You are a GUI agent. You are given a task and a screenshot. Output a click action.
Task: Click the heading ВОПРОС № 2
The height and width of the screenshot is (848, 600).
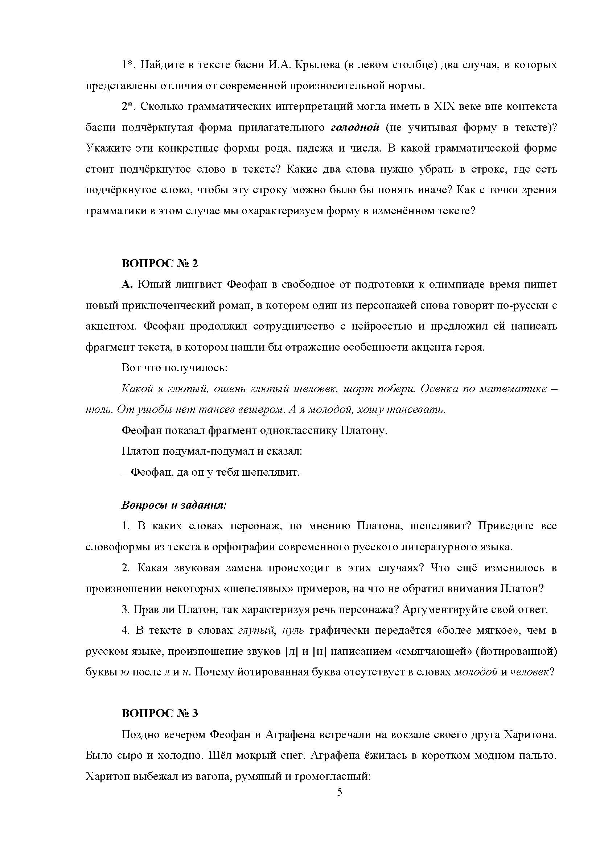[160, 264]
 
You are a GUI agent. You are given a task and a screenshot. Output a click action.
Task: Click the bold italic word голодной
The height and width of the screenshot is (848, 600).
[355, 128]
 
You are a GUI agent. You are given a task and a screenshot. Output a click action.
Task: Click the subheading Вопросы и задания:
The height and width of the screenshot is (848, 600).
[174, 505]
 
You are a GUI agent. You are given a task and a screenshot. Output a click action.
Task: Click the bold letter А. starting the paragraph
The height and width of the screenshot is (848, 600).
[127, 285]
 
